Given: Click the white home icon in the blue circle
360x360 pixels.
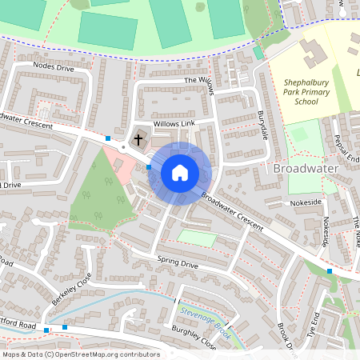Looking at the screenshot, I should [x=180, y=172].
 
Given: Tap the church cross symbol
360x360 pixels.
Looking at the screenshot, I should [x=138, y=140].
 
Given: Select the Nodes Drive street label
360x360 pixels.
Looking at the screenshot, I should [x=54, y=69].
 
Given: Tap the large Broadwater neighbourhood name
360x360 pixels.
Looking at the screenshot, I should [x=306, y=169].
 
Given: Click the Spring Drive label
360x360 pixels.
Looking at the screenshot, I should [x=178, y=262].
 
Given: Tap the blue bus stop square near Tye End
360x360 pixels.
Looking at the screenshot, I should [x=330, y=271].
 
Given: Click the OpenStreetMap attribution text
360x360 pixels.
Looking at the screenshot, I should [x=80, y=354].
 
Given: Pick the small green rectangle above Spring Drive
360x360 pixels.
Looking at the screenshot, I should [x=196, y=238].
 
